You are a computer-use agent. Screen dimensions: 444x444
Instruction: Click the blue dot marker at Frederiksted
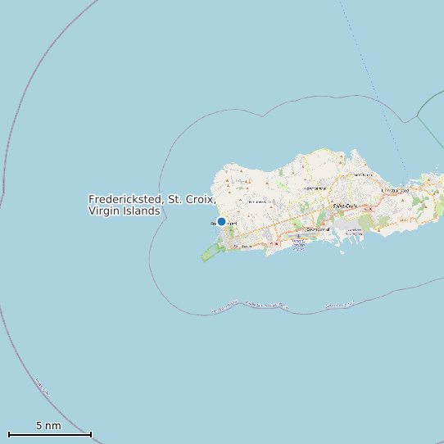(221, 221)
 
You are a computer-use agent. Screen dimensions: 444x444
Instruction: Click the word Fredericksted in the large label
(126, 199)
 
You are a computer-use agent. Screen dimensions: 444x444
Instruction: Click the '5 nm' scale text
(48, 425)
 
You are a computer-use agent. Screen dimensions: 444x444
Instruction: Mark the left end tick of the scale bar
(9, 434)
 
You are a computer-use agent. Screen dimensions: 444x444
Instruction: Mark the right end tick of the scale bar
(91, 434)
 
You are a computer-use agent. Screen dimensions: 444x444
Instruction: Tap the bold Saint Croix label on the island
(345, 206)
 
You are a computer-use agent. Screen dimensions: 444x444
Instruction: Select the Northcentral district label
(315, 188)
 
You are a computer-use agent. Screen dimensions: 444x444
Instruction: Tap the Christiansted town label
(396, 190)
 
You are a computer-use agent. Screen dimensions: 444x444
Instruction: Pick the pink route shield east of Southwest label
(264, 243)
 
